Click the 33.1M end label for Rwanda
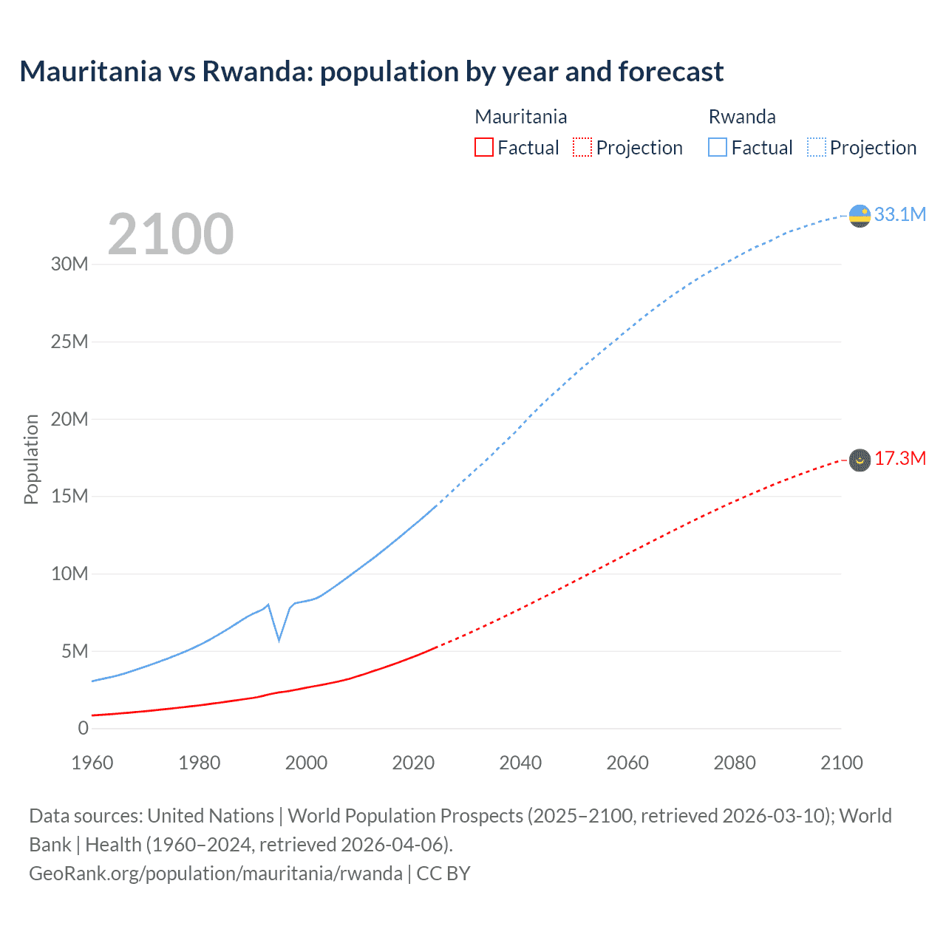[x=899, y=214]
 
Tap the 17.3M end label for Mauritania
[x=899, y=459]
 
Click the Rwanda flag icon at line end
[x=860, y=216]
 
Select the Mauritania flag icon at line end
[x=860, y=460]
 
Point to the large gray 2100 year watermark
[x=171, y=234]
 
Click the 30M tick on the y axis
[x=69, y=265]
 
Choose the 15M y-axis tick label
[x=69, y=496]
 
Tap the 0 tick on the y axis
[x=83, y=728]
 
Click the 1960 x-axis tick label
[x=92, y=763]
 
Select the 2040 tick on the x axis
[x=520, y=763]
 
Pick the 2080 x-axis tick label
[x=735, y=763]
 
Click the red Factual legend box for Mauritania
[x=483, y=147]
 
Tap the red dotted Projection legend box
[x=582, y=147]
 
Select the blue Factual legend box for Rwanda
[x=718, y=147]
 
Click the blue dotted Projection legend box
[x=816, y=147]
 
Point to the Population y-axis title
[x=31, y=459]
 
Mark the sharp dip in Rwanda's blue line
[x=279, y=639]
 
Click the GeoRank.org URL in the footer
[x=216, y=873]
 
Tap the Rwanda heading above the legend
[x=742, y=117]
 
